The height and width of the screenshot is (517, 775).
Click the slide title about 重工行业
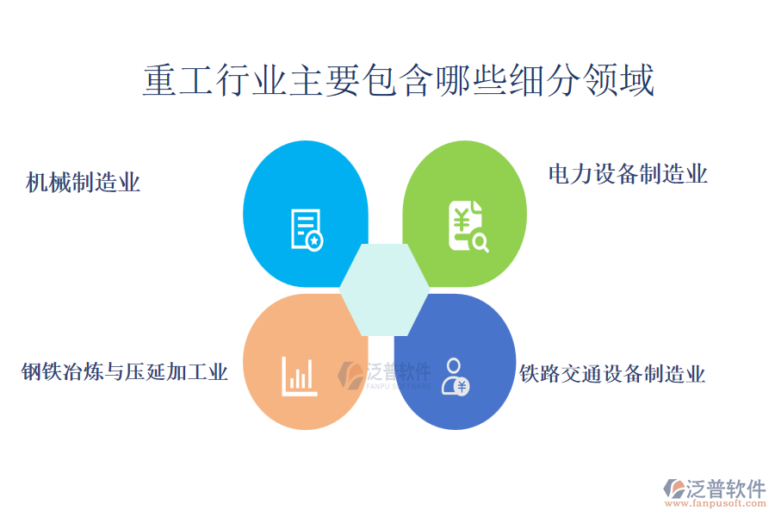(399, 80)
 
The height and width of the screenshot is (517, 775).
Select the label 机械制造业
(83, 182)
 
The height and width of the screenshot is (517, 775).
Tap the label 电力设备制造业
(628, 174)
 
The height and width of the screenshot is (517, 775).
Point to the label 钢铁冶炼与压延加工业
(124, 371)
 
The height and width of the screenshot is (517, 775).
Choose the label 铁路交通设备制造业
(612, 373)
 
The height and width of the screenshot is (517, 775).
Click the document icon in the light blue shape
(307, 230)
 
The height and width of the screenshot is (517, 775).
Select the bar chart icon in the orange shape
(299, 377)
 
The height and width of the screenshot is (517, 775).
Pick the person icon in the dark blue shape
(455, 377)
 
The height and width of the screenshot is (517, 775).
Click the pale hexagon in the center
(384, 290)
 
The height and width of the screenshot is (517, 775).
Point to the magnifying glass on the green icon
(480, 242)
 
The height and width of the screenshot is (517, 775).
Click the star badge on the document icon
(314, 241)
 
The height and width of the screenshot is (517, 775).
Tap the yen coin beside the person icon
(462, 386)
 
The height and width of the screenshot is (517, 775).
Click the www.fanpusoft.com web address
(715, 503)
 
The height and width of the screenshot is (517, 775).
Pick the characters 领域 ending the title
(619, 80)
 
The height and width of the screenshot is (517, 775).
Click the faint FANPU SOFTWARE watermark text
(399, 386)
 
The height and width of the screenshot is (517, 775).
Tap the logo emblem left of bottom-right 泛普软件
(674, 489)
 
